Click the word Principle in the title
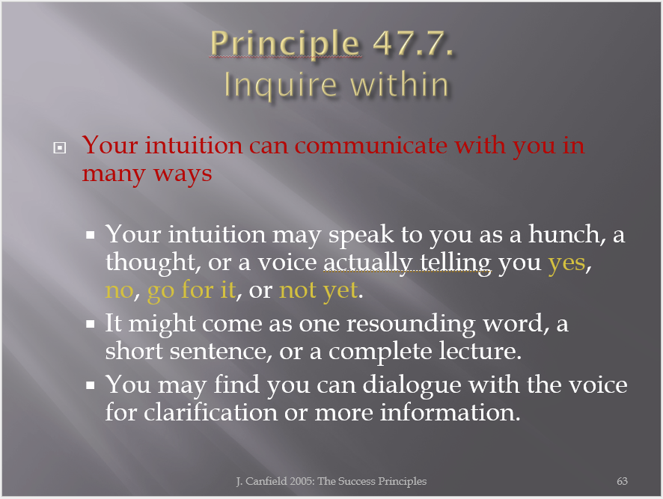point(285,44)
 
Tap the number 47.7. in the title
point(414,43)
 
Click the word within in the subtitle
point(400,85)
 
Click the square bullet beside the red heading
point(60,147)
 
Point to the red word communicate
point(371,145)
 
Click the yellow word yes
point(567,264)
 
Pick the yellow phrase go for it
point(192,291)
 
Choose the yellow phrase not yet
point(319,291)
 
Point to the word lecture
point(478,351)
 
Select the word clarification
point(210,412)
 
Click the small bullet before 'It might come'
point(90,325)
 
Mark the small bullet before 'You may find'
point(90,385)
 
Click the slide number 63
point(622,481)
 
